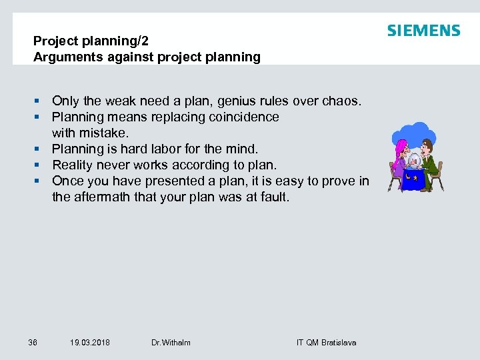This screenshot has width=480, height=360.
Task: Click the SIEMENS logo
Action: [x=423, y=31]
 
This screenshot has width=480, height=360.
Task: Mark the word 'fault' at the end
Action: [x=274, y=197]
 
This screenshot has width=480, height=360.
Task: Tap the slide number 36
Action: [x=33, y=343]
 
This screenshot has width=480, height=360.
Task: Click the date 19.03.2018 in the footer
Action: [x=90, y=343]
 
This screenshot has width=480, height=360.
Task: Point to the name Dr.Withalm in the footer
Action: [x=171, y=343]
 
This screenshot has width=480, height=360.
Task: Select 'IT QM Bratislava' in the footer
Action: [x=326, y=343]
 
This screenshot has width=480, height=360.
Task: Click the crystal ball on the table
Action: [x=414, y=160]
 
